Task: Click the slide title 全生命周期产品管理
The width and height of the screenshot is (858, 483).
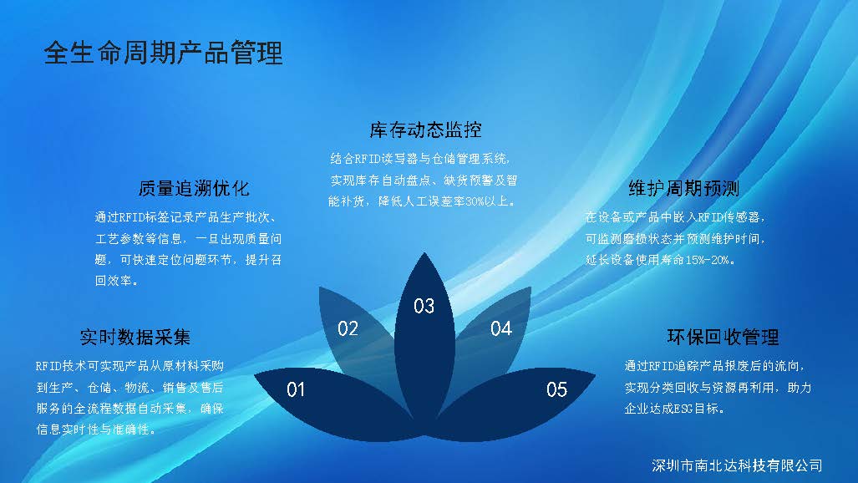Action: click(163, 53)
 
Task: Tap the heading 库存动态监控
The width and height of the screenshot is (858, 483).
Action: click(425, 130)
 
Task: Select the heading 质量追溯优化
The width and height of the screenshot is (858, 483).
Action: click(194, 188)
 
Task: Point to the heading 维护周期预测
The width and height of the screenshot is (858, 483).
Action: click(684, 188)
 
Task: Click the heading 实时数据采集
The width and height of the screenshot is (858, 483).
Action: click(135, 337)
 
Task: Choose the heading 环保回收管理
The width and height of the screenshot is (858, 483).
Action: click(723, 337)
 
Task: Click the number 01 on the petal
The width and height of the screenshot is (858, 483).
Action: click(296, 389)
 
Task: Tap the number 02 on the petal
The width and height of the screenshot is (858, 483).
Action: click(348, 328)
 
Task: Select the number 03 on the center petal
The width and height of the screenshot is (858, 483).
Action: click(424, 306)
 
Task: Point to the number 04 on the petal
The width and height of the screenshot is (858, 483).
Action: click(500, 328)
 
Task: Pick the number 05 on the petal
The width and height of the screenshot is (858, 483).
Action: click(556, 389)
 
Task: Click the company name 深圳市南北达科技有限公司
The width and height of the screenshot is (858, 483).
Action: click(737, 465)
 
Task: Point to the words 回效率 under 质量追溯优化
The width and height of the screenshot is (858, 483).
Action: click(114, 281)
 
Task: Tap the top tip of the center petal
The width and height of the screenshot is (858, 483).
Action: click(424, 252)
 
